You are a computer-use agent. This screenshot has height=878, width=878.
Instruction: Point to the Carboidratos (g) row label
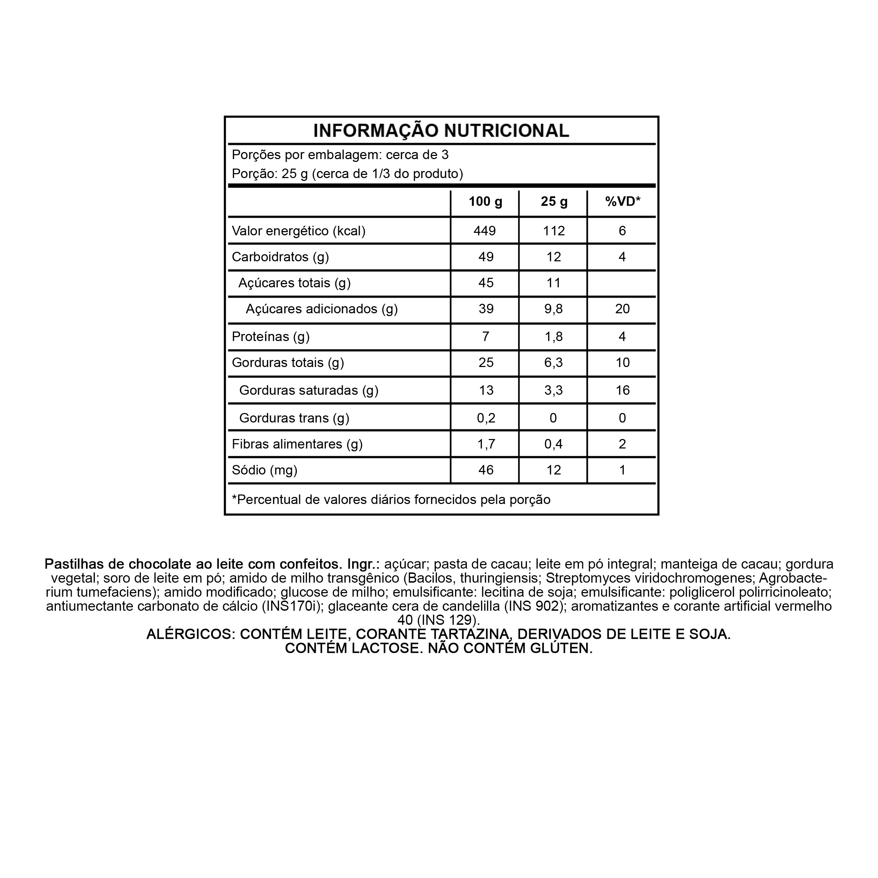[x=280, y=257]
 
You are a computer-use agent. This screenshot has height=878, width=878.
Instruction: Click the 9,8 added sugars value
[x=553, y=309]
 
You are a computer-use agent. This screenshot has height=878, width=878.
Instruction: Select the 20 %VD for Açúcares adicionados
[x=622, y=309]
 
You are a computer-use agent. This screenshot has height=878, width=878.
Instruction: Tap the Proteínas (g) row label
[x=270, y=337]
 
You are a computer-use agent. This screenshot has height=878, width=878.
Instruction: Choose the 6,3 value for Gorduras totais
[x=553, y=363]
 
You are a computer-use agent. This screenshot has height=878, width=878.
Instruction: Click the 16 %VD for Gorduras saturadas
[x=622, y=391]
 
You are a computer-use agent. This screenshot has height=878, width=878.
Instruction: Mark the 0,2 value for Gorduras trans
[x=486, y=418]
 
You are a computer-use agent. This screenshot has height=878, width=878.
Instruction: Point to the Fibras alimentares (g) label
[x=297, y=444]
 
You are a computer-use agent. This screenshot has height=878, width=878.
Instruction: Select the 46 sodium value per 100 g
[x=486, y=470]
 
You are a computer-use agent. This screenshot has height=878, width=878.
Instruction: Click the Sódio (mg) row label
[x=264, y=470]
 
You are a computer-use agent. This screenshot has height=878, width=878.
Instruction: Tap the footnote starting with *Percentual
[x=391, y=500]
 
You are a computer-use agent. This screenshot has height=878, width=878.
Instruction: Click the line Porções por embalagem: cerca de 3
[x=340, y=155]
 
